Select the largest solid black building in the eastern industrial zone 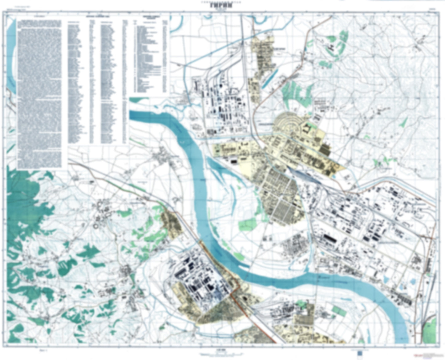click(x=330, y=239)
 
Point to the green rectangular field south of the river click(x=339, y=310)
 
